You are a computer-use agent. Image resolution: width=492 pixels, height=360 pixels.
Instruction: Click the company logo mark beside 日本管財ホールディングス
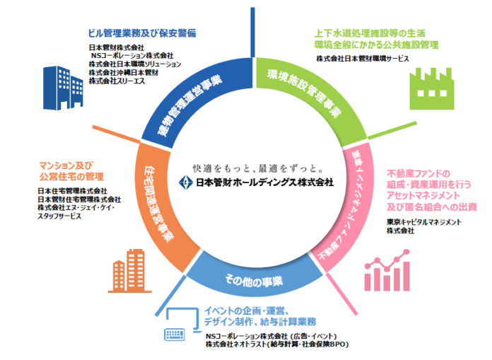pyautogui.click(x=186, y=182)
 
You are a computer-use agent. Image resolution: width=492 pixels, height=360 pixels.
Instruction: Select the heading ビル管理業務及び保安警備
pyautogui.click(x=141, y=33)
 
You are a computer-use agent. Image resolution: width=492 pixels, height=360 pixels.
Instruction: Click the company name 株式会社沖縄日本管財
pyautogui.click(x=124, y=73)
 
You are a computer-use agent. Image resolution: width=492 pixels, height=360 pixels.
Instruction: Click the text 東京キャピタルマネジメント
pyautogui.click(x=424, y=221)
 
